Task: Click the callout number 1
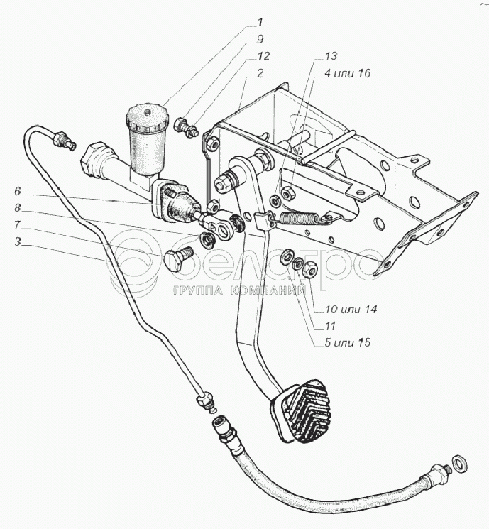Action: [x=260, y=23]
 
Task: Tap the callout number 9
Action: [x=260, y=40]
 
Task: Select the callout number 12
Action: [x=263, y=56]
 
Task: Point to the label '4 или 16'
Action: [x=347, y=73]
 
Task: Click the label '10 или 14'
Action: [x=351, y=309]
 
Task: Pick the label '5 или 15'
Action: [x=347, y=342]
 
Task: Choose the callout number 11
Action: [x=330, y=326]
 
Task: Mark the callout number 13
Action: [x=331, y=56]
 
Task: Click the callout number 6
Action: [x=18, y=191]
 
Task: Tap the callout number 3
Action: [x=18, y=241]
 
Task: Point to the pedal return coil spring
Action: [x=300, y=219]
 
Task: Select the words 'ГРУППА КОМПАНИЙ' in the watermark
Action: [x=240, y=290]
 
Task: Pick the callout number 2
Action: [x=260, y=73]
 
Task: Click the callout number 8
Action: [x=18, y=208]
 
